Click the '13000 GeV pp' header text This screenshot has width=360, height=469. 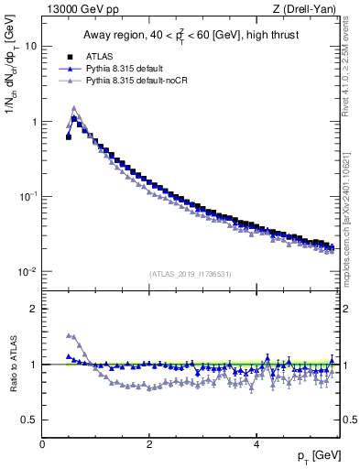pos(80,9)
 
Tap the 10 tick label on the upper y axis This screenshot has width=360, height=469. pos(30,46)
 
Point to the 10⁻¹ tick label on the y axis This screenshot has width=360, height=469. pos(27,196)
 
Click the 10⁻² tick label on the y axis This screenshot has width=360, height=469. pos(27,271)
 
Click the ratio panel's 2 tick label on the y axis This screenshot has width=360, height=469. pos(33,309)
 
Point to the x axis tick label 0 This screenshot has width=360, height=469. pos(42,443)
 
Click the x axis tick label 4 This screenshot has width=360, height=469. pos(256,443)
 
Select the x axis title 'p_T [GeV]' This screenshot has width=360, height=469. pos(317,456)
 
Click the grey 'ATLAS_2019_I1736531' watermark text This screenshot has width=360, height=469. pos(190,275)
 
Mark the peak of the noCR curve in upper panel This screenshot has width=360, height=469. pos(74,107)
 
